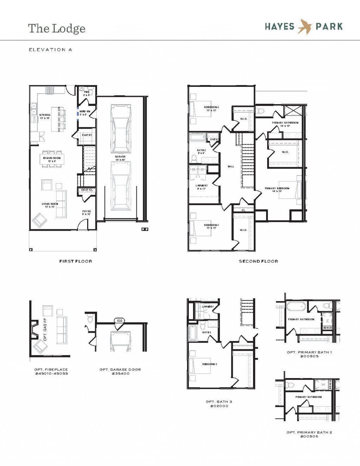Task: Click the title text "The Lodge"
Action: click(x=57, y=28)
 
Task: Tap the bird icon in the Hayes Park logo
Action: click(x=304, y=27)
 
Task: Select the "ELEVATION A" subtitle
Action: click(x=50, y=50)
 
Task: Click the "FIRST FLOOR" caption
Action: click(x=76, y=261)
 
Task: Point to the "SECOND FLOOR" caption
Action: click(x=258, y=261)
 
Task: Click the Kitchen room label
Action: click(x=45, y=116)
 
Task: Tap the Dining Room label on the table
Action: click(x=52, y=159)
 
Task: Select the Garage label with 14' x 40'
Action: click(x=120, y=158)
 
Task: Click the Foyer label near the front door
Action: click(x=86, y=212)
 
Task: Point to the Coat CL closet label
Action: click(x=87, y=190)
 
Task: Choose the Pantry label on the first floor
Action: click(x=87, y=135)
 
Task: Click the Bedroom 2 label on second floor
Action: click(x=212, y=108)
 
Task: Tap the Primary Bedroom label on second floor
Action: click(x=277, y=190)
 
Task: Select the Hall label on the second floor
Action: click(x=231, y=166)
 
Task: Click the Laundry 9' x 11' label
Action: click(x=202, y=187)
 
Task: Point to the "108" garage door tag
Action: click(x=120, y=321)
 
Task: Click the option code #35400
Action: click(x=120, y=374)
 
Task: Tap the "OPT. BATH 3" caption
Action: click(x=219, y=402)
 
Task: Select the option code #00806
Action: click(x=309, y=436)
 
